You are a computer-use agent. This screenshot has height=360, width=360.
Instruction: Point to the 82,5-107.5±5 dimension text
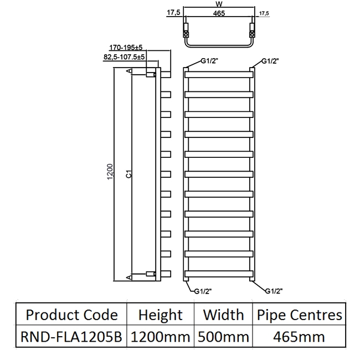coord(124,56)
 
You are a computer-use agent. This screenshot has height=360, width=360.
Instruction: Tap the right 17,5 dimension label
coord(264,13)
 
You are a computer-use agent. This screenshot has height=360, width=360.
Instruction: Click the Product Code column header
coord(72,315)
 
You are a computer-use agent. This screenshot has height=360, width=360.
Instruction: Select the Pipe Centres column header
coord(299,315)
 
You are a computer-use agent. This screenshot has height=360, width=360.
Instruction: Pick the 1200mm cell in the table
coord(160,336)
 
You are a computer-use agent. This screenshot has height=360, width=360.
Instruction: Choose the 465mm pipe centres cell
coord(299,336)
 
